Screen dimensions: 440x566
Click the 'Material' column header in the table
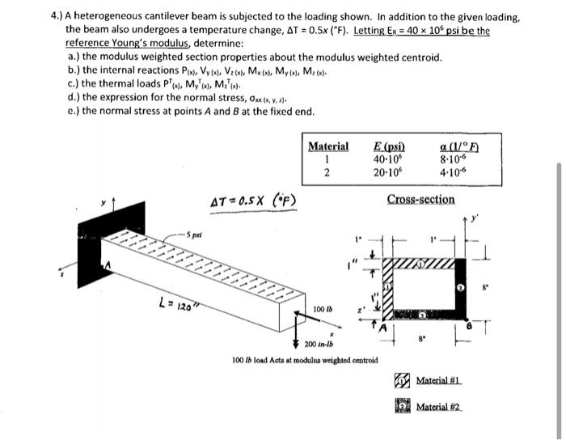(x=328, y=146)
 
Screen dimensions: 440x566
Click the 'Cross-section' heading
(x=420, y=200)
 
